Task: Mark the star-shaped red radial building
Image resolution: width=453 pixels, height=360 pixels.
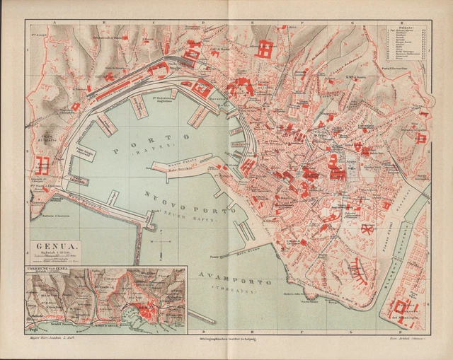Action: pyautogui.click(x=367, y=230)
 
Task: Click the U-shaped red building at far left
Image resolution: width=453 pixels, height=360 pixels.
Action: pyautogui.click(x=41, y=166)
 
